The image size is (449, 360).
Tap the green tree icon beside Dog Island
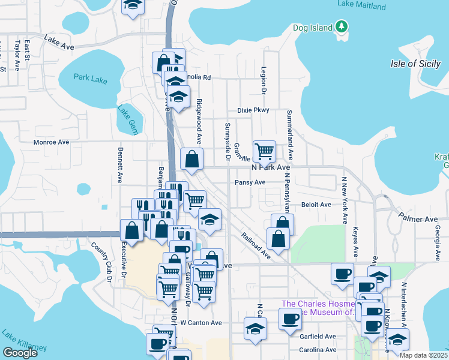[342, 27]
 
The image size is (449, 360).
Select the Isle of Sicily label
[415, 64]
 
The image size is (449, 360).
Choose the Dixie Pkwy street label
[253, 110]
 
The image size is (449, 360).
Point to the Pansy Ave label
[250, 182]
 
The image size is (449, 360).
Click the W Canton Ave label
[201, 323]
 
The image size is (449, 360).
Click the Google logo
[20, 353]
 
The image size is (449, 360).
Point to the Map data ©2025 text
[424, 355]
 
